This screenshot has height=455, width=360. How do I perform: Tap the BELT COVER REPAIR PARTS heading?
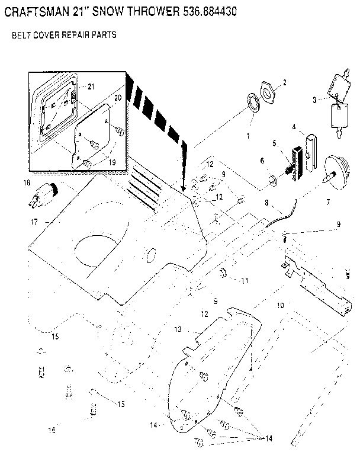tap(64, 36)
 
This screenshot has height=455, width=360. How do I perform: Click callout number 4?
tap(293, 126)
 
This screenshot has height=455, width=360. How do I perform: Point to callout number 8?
tap(267, 203)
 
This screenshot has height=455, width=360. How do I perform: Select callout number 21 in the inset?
tap(91, 86)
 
